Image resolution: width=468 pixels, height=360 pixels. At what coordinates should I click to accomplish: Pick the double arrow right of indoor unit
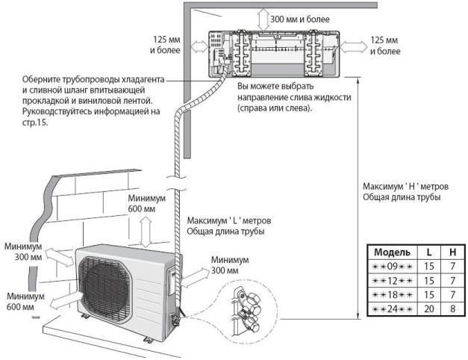(x=355, y=46)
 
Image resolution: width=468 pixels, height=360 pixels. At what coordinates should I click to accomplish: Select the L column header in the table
(x=427, y=252)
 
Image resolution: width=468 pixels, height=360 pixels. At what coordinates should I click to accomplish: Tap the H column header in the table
(x=452, y=252)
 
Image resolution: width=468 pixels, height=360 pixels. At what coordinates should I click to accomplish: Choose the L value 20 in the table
(x=427, y=307)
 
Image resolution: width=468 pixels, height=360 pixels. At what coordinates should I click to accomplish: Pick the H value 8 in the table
(x=452, y=307)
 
